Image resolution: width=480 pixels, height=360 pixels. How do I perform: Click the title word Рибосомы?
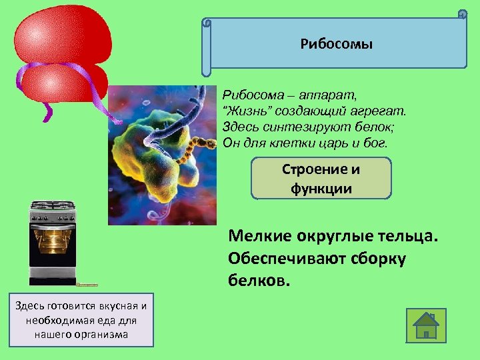[x=337, y=45]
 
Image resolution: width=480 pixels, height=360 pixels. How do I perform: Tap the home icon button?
[x=426, y=326]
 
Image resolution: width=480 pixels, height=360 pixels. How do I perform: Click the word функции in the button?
[x=321, y=188]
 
